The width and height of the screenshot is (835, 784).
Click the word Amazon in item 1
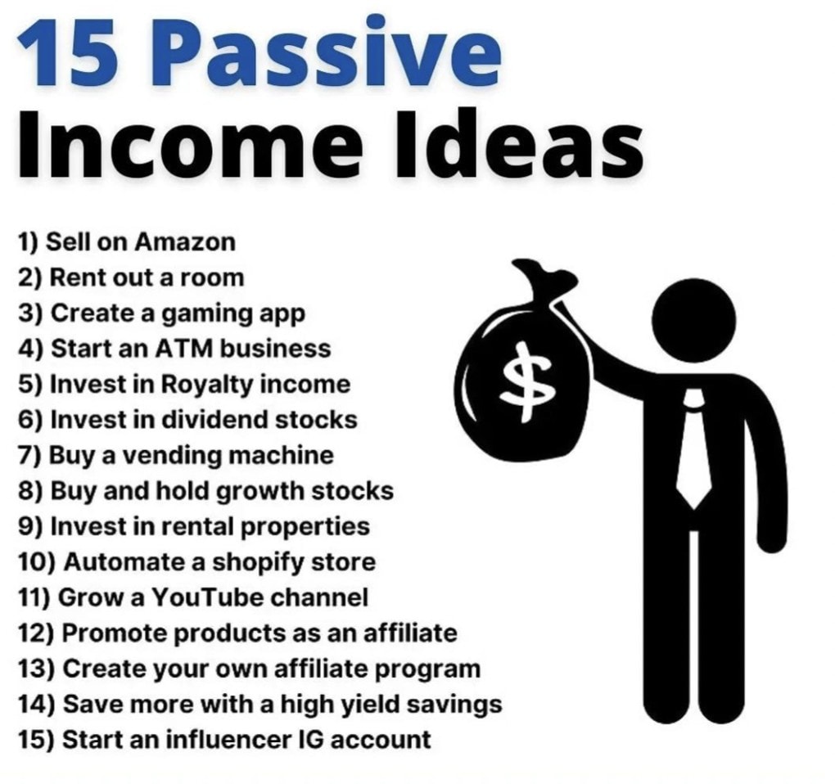point(185,242)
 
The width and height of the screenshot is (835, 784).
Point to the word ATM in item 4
point(184,349)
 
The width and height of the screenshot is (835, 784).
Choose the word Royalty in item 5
point(207,385)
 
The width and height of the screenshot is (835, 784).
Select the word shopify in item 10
point(258,563)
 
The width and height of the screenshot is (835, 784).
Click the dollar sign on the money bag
point(527,381)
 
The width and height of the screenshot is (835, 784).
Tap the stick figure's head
point(693,321)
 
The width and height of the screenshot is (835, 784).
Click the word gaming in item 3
point(207,314)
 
